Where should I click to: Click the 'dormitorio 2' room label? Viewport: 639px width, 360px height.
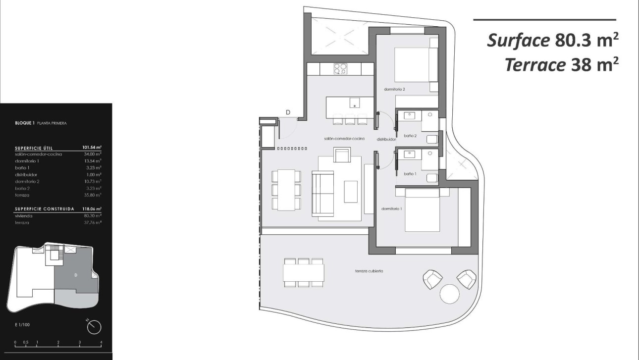[395, 90]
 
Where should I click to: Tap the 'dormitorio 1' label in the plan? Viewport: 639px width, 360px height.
[392, 209]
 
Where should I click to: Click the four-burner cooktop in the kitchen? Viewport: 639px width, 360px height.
[340, 69]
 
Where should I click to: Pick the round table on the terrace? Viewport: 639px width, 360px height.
[450, 294]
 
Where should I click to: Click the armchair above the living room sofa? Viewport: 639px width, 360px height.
[342, 156]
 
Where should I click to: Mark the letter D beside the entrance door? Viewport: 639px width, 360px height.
[288, 112]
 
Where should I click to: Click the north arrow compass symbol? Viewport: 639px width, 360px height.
[94, 326]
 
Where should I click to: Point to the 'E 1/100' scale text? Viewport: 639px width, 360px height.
[23, 325]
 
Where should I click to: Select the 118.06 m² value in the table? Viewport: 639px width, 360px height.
[92, 209]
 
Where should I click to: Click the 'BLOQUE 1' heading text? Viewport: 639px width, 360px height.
[25, 123]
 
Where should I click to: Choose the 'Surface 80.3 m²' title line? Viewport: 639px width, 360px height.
[553, 41]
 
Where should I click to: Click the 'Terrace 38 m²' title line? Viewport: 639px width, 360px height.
[562, 65]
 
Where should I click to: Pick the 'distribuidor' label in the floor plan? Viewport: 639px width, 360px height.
[386, 139]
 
